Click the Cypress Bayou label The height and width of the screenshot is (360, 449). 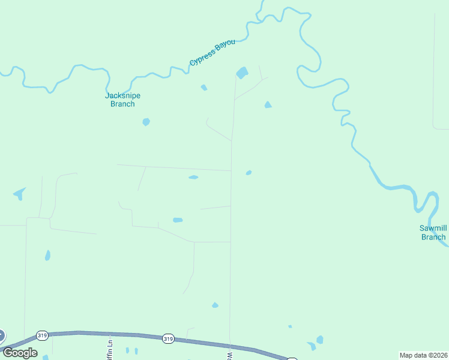(212, 53)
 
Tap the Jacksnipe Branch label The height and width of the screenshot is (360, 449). (122, 100)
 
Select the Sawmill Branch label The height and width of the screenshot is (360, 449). (433, 232)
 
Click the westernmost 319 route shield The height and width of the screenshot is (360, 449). (41, 335)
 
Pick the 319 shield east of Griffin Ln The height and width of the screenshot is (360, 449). (168, 339)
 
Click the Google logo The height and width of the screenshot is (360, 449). (20, 353)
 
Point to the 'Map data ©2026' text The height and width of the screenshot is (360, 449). (423, 355)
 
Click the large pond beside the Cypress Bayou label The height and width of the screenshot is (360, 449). (242, 73)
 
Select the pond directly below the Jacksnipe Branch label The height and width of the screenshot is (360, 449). (146, 122)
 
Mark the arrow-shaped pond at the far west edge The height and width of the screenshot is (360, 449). (20, 193)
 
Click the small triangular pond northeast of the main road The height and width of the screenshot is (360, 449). (268, 105)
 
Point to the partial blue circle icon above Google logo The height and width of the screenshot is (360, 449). (2, 336)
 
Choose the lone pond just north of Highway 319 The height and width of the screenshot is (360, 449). (215, 305)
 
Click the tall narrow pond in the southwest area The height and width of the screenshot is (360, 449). (47, 255)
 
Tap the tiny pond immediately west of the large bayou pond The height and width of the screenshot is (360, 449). (204, 88)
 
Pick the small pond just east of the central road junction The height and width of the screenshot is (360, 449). (249, 173)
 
